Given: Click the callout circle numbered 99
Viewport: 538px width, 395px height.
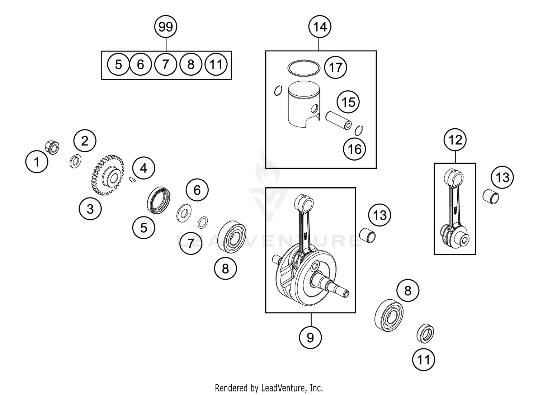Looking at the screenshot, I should click(x=166, y=27).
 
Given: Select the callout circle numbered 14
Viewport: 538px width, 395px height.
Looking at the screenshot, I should click(x=320, y=27).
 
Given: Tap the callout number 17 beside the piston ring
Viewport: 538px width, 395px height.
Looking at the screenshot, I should click(x=335, y=67).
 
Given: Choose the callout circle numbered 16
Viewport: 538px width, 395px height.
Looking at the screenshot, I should click(x=354, y=149).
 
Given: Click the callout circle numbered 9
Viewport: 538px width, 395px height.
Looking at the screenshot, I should click(x=310, y=337).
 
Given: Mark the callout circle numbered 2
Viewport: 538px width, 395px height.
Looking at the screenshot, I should click(x=85, y=141).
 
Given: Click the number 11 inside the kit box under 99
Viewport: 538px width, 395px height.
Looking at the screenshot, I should click(x=216, y=65).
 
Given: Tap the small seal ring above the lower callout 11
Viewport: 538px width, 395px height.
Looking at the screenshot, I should click(x=425, y=333).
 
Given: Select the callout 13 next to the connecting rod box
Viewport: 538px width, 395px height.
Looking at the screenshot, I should click(x=502, y=177).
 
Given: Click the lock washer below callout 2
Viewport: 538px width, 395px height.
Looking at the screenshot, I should click(x=75, y=161).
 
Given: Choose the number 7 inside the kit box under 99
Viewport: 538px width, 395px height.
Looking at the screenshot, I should click(x=165, y=65).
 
